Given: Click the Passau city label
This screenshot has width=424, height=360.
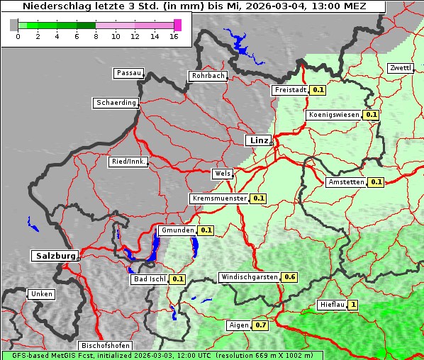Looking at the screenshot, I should coord(128,73).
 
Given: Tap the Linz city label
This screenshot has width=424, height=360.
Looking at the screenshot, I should coord(258,140).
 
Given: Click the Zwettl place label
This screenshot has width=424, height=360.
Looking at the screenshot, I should coord(400,68).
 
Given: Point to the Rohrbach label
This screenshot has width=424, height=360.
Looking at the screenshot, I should coord(208,76).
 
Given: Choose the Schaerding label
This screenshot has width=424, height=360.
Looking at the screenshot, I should coord(116,103).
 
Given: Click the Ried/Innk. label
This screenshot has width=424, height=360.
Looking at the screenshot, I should coord(128,162).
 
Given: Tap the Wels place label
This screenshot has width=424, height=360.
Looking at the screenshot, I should coord(221,174).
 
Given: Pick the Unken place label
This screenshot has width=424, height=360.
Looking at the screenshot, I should coord(41,294).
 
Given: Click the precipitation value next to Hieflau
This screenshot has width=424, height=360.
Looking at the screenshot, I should coord(353,305).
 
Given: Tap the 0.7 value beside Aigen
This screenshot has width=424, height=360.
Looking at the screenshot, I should coord(261,325).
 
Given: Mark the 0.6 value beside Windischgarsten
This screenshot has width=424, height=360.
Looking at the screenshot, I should coord(289,277).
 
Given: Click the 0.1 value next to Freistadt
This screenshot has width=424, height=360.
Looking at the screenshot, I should coord(318,90).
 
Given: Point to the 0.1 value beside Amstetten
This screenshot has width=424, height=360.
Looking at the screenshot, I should coord(376,182).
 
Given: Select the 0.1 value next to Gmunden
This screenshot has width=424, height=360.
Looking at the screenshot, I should coord(206,230).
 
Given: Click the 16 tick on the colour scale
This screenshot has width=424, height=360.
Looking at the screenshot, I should coord(174,35).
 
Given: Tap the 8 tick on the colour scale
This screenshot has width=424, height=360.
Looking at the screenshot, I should coord(96,35).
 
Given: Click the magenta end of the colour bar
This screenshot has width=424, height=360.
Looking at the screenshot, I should coord(177,25).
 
